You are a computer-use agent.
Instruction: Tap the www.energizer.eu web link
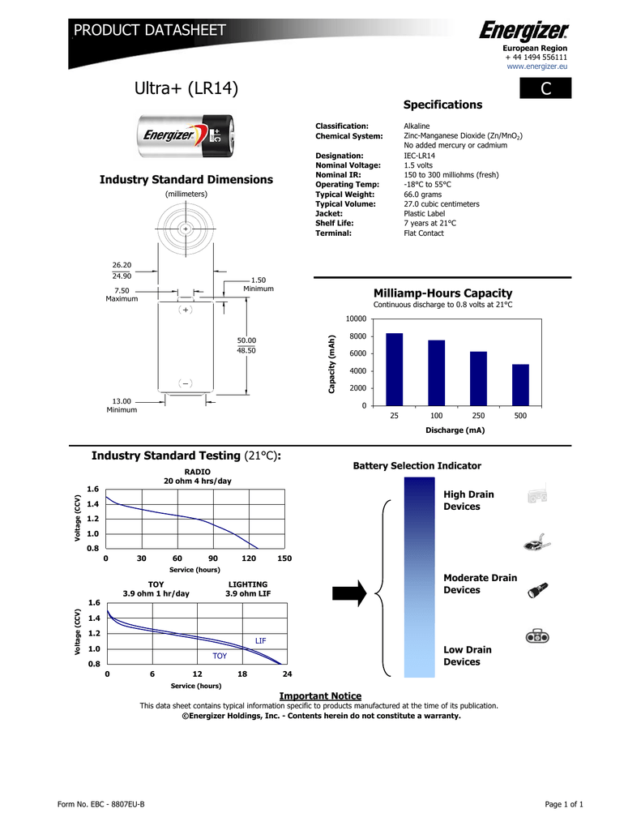point(536,66)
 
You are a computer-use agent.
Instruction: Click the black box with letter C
point(545,88)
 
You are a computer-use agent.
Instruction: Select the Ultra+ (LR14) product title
point(187,88)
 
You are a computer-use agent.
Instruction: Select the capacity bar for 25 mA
point(394,369)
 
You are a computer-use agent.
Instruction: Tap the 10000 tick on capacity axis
point(357,319)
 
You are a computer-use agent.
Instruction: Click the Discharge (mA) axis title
point(455,430)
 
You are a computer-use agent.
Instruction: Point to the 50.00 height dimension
point(246,340)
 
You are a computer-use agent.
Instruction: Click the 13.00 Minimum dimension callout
point(122,405)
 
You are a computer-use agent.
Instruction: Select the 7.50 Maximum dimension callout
point(122,295)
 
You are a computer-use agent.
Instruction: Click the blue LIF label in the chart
point(260,640)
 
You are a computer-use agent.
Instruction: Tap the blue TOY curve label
point(220,655)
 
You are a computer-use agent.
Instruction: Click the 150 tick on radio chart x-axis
point(284,558)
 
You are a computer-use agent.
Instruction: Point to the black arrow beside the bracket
point(349,590)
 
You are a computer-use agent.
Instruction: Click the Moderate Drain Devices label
point(480,584)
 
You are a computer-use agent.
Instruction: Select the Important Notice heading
point(320,696)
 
